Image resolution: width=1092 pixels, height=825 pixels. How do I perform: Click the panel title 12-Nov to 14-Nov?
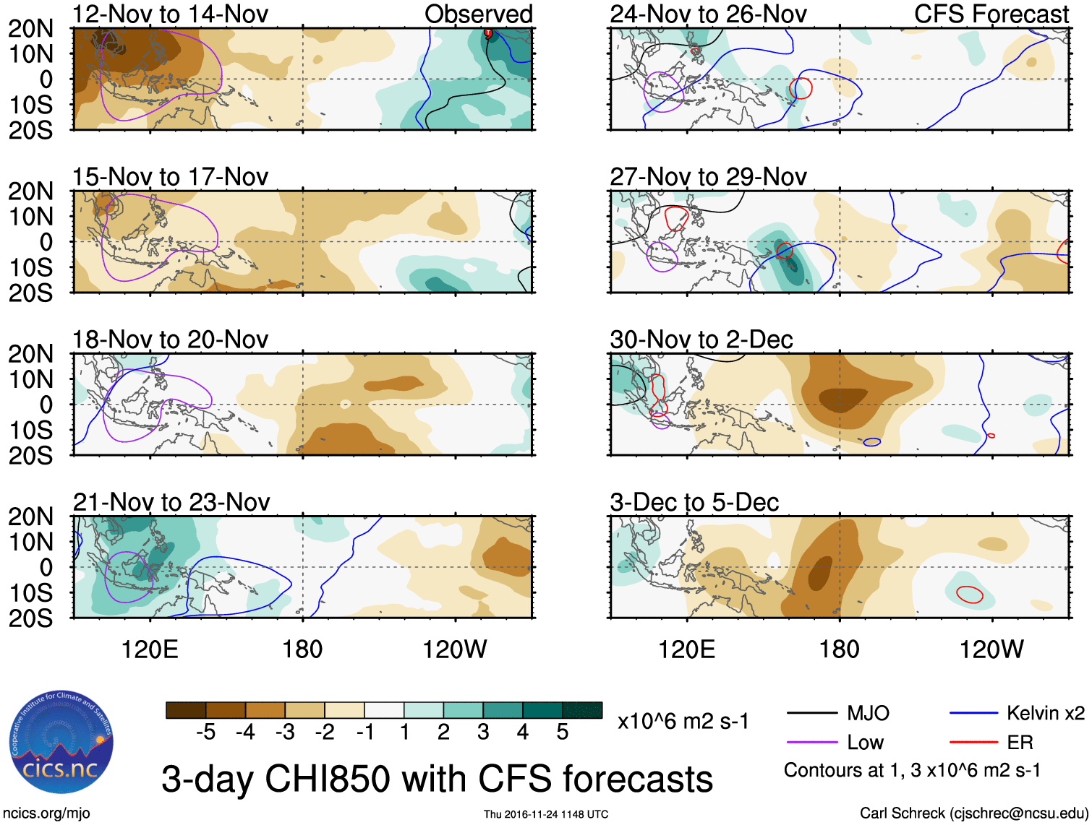point(171,14)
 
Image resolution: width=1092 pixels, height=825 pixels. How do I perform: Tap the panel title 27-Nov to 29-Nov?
point(708,177)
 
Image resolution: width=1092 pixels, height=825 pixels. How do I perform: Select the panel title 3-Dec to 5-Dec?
point(694,503)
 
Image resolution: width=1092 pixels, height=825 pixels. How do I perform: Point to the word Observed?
point(478,14)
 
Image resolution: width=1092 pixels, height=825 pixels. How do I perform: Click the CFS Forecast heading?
point(991,14)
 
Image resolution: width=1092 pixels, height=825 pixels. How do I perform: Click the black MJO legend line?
point(811,714)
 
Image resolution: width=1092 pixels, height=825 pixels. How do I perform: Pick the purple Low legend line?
point(811,742)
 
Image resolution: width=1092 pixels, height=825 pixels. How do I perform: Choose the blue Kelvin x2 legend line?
point(973,714)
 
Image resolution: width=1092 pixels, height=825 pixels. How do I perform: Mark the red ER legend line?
point(973,742)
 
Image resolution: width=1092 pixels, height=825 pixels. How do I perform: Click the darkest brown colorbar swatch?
point(186,711)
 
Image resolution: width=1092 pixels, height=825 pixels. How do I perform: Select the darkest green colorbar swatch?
point(582,711)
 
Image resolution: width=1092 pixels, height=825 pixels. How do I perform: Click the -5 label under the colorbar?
point(206,733)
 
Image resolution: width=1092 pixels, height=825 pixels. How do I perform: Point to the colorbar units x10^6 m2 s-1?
point(683,722)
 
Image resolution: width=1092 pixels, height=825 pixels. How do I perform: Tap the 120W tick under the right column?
point(991,649)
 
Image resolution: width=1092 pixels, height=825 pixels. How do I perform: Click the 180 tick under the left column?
point(302,649)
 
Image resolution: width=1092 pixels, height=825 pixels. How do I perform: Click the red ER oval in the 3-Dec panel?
point(970,595)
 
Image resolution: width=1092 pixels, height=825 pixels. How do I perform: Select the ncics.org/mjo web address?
point(46,813)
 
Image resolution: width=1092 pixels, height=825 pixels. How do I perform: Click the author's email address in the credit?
point(1019,813)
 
